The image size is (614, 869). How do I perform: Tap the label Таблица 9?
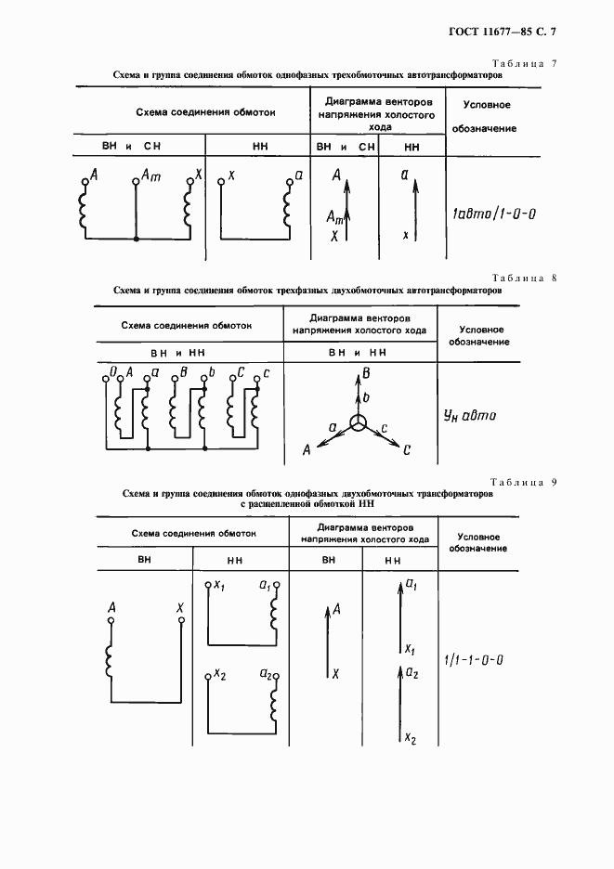(x=522, y=482)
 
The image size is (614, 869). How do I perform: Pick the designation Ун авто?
(x=469, y=416)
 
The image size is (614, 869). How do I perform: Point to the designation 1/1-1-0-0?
(x=473, y=660)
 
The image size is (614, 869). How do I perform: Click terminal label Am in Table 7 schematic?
(x=150, y=176)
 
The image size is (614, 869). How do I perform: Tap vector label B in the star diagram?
(x=367, y=374)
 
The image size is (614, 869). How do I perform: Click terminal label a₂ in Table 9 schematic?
(x=267, y=672)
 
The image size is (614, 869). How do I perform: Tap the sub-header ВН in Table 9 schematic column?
(x=144, y=560)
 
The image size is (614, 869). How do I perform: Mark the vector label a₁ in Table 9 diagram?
(x=410, y=585)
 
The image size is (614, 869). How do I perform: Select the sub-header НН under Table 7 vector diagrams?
(x=412, y=147)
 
